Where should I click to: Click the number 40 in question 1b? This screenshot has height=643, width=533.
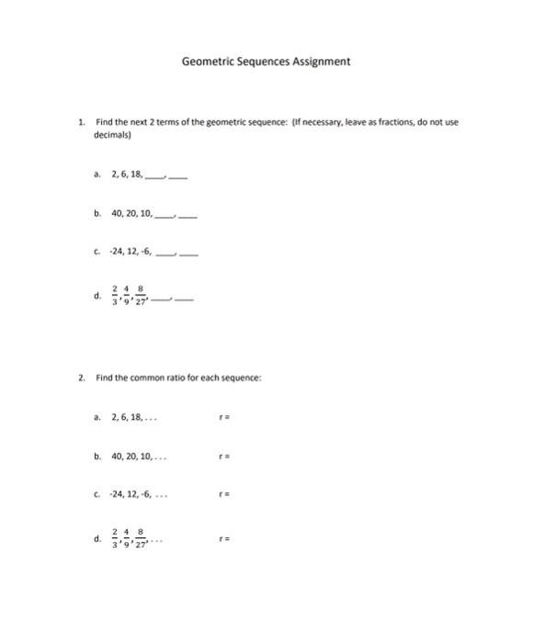(117, 213)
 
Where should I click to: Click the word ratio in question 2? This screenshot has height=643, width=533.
(169, 377)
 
